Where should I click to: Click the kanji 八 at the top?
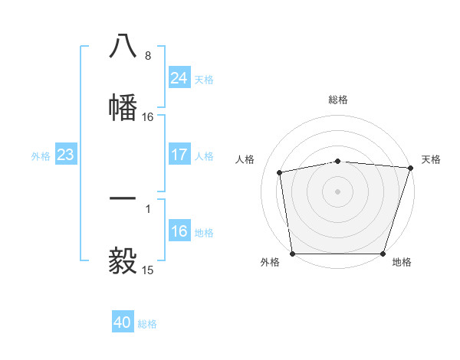[x=123, y=47]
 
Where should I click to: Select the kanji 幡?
[x=123, y=107]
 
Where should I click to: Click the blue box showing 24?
[x=179, y=77]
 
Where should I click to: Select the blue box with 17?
[x=179, y=155]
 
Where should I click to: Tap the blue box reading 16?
[x=179, y=231]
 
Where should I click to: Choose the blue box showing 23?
[x=65, y=155]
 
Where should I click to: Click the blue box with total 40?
[x=123, y=322]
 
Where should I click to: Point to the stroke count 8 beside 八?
[x=147, y=56]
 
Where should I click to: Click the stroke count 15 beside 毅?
[x=148, y=270]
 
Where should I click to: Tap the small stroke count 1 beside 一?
[x=147, y=208]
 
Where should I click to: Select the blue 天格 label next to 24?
[x=204, y=79]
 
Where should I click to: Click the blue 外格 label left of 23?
[x=41, y=155]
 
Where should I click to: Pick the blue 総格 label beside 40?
[x=147, y=324]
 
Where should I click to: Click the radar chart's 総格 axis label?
[x=337, y=100]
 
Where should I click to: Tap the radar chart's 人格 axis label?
[x=246, y=159]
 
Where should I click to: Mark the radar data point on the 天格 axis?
[x=410, y=168]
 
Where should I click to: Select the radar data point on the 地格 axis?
[x=383, y=254]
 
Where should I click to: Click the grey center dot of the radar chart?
[x=337, y=191]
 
